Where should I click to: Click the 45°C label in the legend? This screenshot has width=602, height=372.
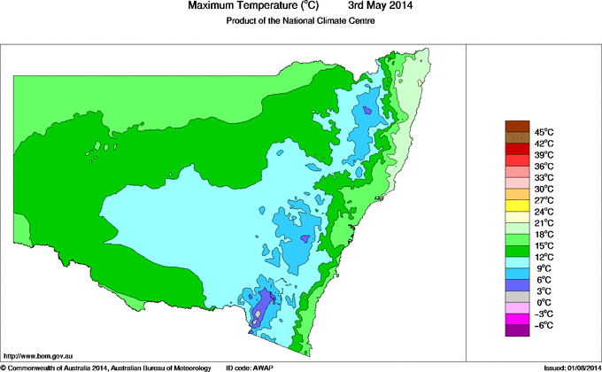(543, 131)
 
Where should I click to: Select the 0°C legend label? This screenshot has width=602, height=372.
(543, 302)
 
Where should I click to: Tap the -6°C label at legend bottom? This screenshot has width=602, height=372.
(543, 325)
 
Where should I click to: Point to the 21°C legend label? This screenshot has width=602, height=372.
(543, 222)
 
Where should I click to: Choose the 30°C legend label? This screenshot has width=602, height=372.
(543, 189)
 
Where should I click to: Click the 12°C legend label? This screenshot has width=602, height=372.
(543, 257)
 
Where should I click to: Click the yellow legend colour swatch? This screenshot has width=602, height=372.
(517, 205)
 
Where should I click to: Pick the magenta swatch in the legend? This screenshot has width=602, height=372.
(517, 319)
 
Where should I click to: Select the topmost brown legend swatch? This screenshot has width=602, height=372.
(517, 126)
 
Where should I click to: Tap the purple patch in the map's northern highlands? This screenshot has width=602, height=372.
(367, 111)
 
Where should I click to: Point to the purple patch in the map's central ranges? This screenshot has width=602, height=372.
(306, 238)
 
